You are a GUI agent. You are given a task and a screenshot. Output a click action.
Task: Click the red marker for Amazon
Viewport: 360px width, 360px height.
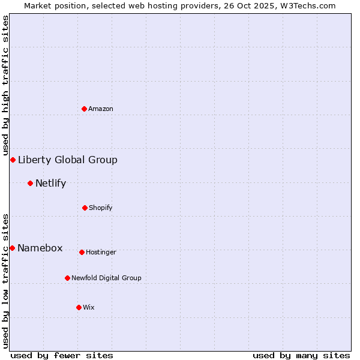85,109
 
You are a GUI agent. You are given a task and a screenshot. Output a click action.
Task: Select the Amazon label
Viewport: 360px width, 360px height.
101,109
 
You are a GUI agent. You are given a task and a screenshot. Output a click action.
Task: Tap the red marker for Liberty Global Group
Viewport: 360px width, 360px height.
13,160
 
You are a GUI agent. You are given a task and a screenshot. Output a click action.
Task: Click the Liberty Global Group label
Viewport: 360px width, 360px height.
68,160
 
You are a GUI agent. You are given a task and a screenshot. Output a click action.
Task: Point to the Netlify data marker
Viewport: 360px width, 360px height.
30,183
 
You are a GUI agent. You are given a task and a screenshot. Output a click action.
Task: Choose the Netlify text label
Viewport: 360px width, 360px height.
50,183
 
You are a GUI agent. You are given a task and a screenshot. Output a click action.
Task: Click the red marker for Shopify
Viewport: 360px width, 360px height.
85,208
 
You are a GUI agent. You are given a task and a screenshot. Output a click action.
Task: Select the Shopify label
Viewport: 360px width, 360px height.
101,208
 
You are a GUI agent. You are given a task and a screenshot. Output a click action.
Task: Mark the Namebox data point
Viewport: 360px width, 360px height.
12,248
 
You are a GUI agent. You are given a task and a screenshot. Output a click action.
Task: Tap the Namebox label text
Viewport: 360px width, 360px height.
40,248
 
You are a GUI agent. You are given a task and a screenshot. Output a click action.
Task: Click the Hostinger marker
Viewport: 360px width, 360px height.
82,252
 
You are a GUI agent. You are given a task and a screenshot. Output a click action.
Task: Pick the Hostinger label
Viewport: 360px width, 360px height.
101,252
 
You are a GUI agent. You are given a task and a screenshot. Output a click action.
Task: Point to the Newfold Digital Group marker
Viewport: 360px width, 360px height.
67,278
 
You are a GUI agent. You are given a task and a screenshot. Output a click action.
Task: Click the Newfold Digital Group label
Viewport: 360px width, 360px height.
106,278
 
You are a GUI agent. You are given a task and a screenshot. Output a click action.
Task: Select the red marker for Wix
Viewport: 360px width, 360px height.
79,307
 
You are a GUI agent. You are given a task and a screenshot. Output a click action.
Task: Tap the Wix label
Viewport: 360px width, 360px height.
89,307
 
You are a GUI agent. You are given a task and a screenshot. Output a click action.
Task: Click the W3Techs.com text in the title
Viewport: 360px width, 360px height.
310,5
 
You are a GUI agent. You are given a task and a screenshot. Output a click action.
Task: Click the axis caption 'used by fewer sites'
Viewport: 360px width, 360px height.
62,355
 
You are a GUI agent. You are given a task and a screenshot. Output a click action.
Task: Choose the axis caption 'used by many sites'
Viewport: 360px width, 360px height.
301,355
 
